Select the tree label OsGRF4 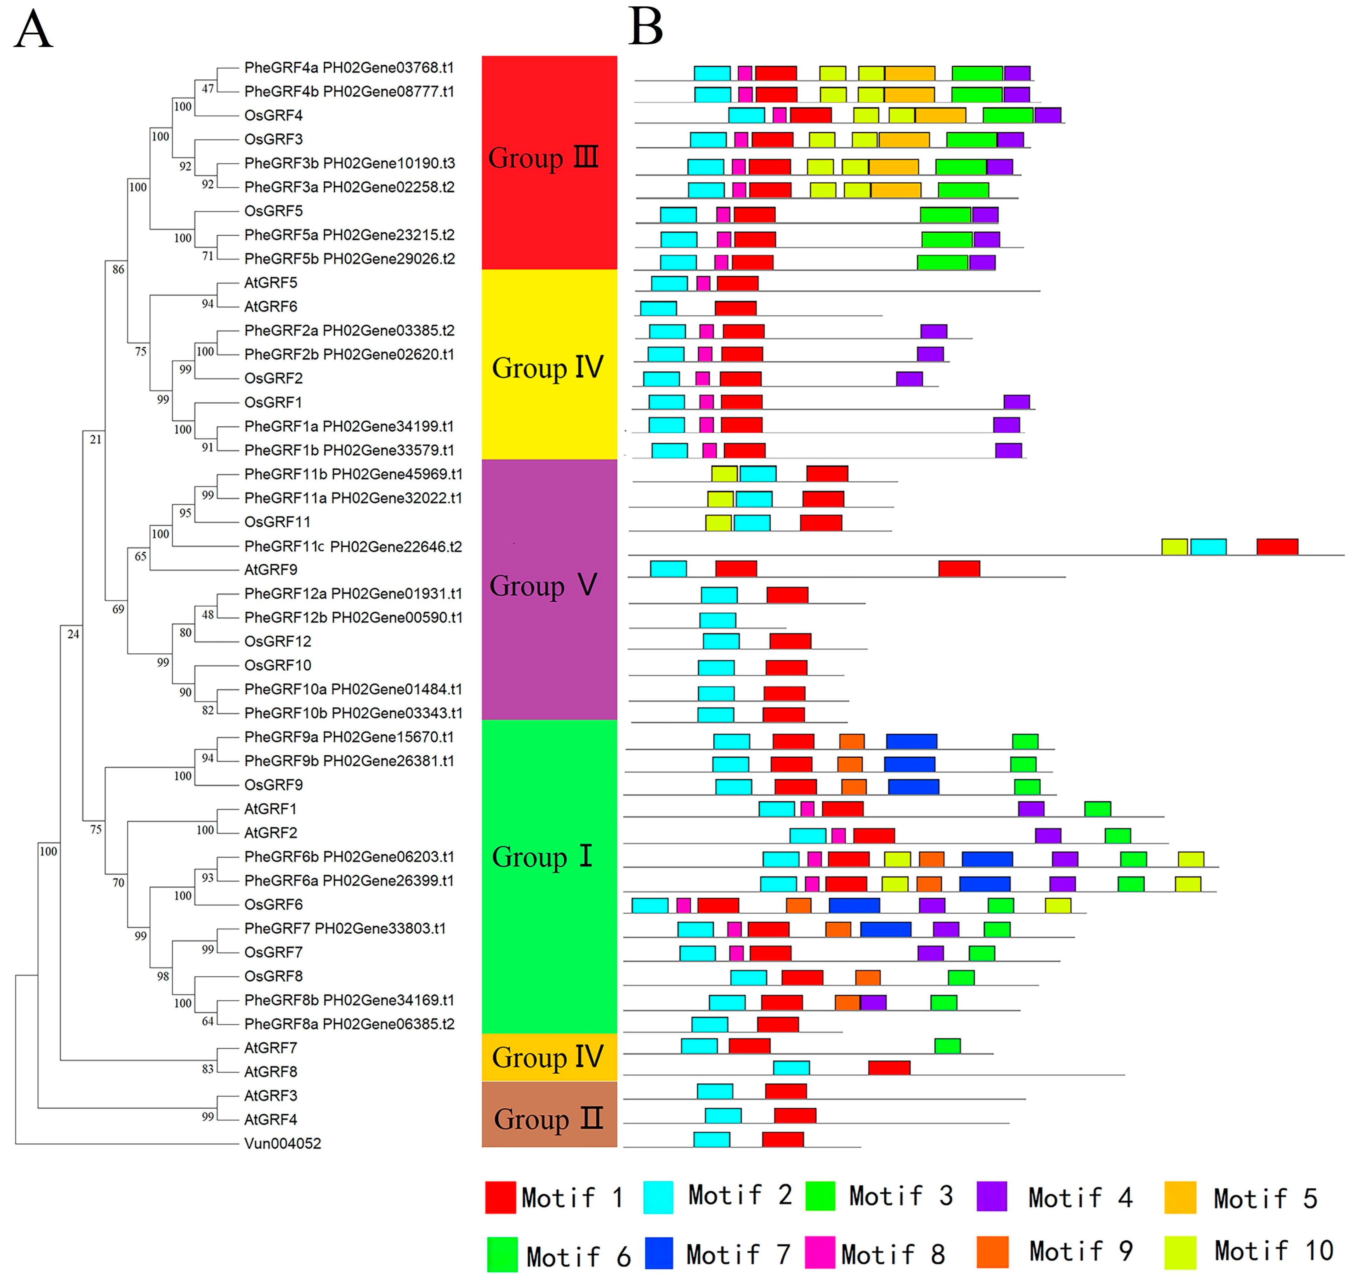point(273,115)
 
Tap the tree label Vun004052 point(282,1143)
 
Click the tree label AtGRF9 point(271,569)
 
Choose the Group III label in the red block point(543,158)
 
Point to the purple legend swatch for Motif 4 point(992,1197)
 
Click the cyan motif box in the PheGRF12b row point(718,620)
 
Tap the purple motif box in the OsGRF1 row point(1016,401)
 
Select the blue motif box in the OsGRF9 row point(913,786)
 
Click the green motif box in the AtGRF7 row point(947,1046)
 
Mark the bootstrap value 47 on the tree point(208,88)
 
